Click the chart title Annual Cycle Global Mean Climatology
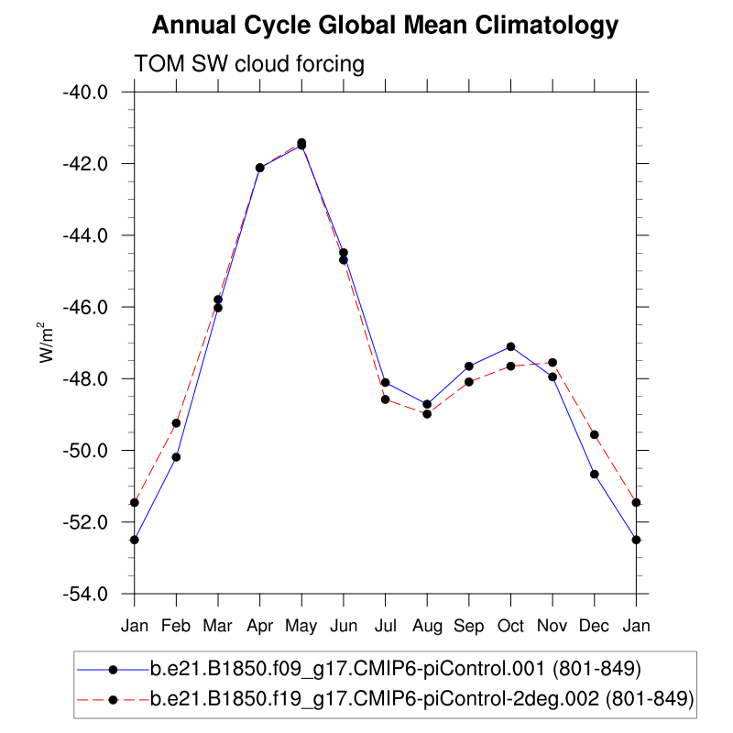tap(385, 26)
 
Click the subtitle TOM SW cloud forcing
tap(249, 64)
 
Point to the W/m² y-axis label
tap(45, 343)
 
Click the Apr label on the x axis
tap(260, 626)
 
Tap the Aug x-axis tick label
tap(427, 626)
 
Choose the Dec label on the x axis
tap(595, 626)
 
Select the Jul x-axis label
tap(385, 626)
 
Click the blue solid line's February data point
tap(176, 456)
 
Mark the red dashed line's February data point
tap(176, 422)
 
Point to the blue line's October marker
tap(510, 346)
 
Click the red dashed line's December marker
tap(595, 434)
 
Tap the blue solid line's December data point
tap(595, 474)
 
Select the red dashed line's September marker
tap(469, 381)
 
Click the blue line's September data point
tap(469, 366)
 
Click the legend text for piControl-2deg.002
tap(421, 699)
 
